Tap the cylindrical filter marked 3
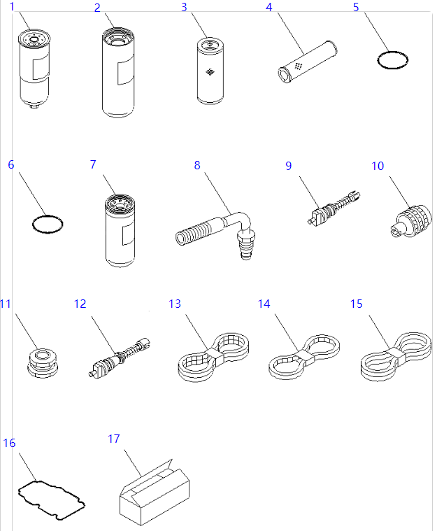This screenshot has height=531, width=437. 210,73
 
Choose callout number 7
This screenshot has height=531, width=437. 93,164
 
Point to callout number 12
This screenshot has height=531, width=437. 80,304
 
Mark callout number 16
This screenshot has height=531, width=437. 9,444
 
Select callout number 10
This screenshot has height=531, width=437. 378,166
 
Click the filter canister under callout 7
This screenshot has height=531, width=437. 120,231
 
